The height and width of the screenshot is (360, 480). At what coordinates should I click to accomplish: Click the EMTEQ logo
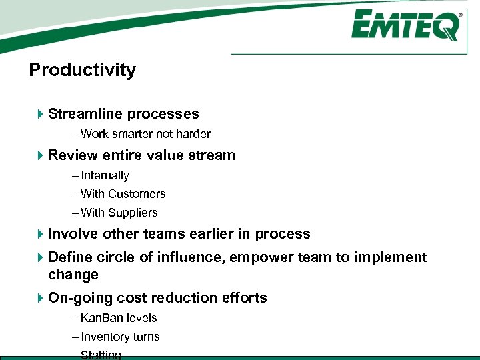click(x=405, y=27)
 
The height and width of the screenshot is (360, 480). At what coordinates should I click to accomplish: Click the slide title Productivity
click(x=83, y=70)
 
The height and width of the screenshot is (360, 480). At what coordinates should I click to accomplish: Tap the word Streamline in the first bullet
click(x=85, y=114)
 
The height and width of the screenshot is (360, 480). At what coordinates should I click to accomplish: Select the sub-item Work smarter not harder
click(x=145, y=134)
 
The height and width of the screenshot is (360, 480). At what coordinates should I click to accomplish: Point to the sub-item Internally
click(x=105, y=175)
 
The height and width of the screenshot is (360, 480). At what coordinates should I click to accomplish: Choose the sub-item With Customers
click(x=123, y=194)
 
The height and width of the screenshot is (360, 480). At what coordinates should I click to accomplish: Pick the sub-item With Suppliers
click(x=119, y=213)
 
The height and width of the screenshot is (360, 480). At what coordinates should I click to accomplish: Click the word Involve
click(x=73, y=234)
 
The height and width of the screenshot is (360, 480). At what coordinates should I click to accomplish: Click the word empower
click(x=261, y=257)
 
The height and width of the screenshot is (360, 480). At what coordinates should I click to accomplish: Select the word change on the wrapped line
click(x=73, y=275)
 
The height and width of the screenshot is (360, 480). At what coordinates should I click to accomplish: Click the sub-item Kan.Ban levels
click(x=118, y=318)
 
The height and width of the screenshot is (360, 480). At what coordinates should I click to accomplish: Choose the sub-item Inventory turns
click(x=120, y=337)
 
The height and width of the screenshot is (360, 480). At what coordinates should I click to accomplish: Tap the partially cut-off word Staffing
click(x=101, y=355)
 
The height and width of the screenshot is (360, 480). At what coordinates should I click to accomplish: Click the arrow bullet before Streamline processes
click(x=41, y=115)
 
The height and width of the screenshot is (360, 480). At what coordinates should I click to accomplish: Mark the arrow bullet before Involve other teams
click(x=41, y=234)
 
